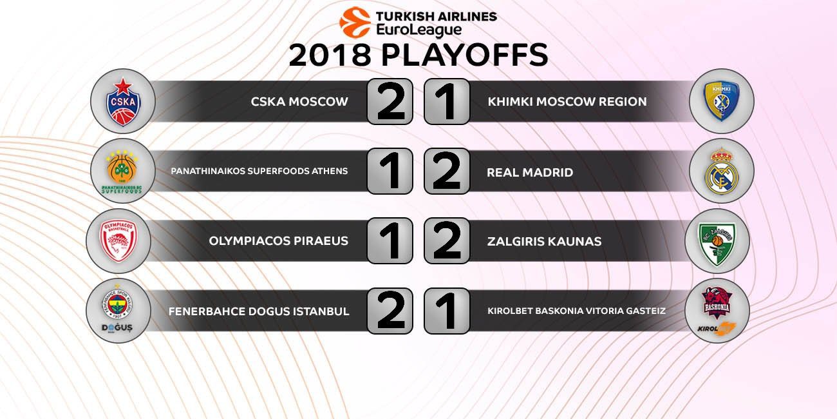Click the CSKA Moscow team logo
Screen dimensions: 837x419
point(123,101)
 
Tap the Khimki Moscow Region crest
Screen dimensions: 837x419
point(721,101)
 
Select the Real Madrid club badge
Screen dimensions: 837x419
point(722,171)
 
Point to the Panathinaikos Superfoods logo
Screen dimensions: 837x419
point(122,171)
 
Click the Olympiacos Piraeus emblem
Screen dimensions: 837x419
point(118,241)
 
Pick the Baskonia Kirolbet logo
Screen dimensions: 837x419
point(717,310)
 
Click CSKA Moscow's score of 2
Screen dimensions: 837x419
point(390,101)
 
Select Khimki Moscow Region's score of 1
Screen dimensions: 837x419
point(447,101)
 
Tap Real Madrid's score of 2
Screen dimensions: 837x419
point(447,171)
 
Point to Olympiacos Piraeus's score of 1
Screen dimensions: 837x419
point(390,240)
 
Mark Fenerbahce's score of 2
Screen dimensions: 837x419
point(390,311)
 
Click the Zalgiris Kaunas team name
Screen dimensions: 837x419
point(544,241)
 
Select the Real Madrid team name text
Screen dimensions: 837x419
point(530,173)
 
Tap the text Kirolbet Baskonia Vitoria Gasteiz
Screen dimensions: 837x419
point(576,311)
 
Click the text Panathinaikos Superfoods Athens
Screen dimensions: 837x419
point(259,171)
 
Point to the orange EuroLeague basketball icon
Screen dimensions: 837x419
point(355,23)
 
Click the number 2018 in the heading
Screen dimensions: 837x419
point(330,55)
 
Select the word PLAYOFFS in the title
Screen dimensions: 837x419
point(464,55)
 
